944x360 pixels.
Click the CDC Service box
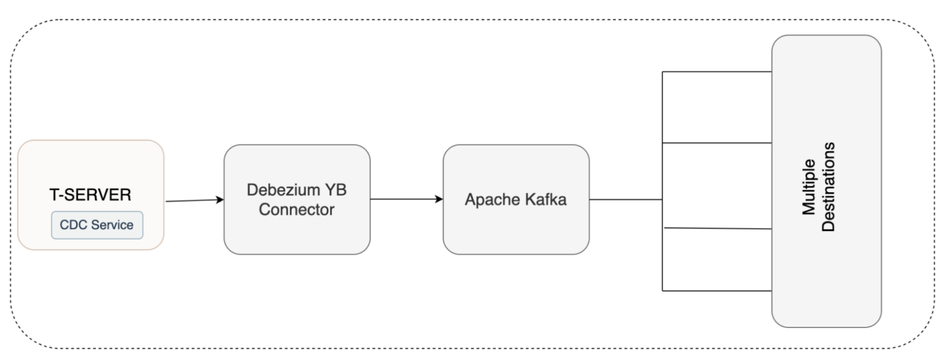point(96,225)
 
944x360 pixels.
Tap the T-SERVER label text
point(90,195)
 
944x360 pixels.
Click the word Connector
point(297,209)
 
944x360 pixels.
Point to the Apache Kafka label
point(516,200)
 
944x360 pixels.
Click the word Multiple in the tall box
point(809,187)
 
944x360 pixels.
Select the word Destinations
point(829,187)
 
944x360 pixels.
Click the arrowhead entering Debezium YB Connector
point(219,200)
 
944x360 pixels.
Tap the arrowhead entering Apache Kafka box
point(439,200)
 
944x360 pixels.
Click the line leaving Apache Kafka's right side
point(625,200)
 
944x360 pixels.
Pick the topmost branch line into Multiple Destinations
point(717,72)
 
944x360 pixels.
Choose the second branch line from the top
point(717,143)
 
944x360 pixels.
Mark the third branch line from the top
point(717,228)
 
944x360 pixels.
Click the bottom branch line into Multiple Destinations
point(717,290)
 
